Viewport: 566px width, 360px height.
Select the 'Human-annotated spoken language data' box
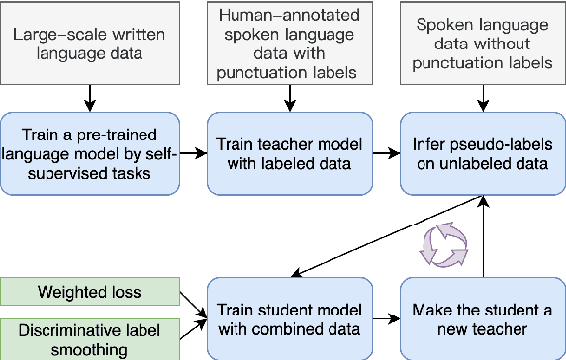(287, 45)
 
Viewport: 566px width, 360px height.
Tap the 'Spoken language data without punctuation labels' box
(482, 45)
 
